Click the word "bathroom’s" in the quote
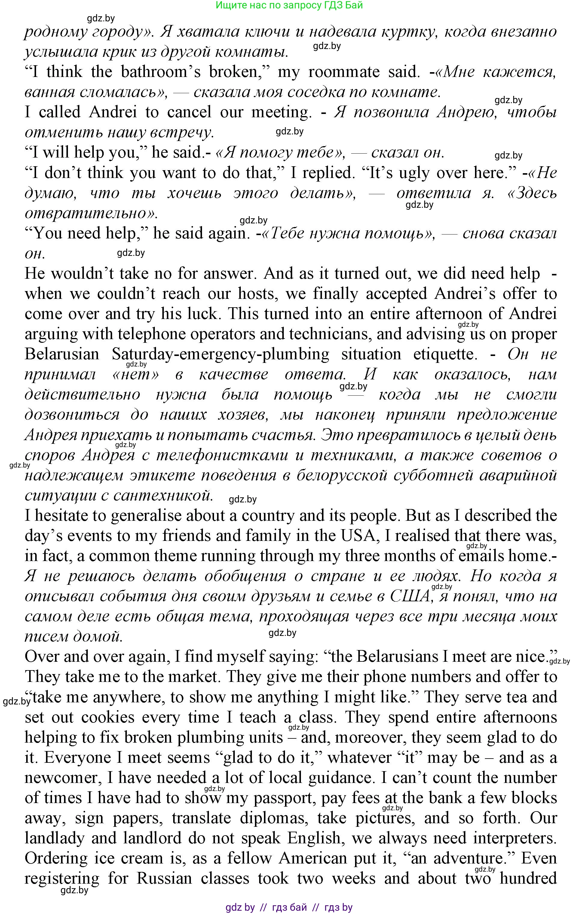point(161,72)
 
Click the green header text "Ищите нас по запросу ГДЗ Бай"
point(289,5)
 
